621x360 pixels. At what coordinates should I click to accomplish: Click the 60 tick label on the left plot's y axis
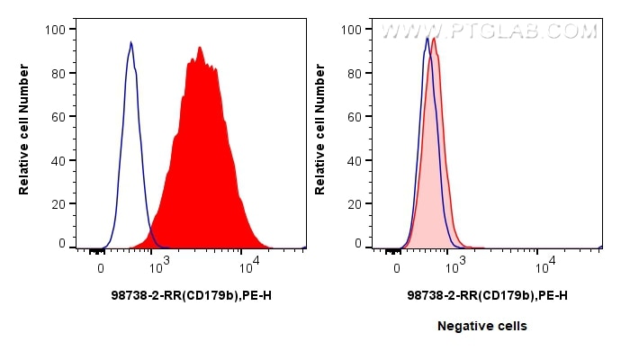(58, 116)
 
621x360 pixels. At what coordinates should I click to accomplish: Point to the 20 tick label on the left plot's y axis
(58, 202)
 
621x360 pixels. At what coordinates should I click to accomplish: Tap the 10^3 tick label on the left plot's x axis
(158, 265)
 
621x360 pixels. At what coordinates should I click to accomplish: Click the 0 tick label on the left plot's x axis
(101, 266)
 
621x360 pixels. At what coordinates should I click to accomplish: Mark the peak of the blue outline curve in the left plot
(130, 42)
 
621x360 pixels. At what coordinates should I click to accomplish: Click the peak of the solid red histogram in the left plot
(199, 48)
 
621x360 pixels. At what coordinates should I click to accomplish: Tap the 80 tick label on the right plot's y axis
(354, 73)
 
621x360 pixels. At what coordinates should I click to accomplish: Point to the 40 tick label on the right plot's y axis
(354, 159)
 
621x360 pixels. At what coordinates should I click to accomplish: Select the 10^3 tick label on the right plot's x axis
(455, 265)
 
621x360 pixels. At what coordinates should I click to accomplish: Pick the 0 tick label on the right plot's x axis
(397, 266)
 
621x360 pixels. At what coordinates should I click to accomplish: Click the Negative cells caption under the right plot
(482, 326)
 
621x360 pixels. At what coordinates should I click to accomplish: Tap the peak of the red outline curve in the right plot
(435, 39)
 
